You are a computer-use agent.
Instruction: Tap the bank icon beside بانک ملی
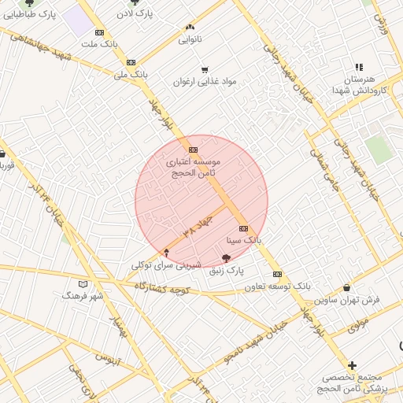tap(131, 62)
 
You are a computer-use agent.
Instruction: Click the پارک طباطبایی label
tap(29, 15)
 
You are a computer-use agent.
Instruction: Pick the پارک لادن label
tap(135, 14)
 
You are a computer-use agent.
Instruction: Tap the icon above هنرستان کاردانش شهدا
tap(359, 68)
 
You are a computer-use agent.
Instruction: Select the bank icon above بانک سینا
tap(242, 228)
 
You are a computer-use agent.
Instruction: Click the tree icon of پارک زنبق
tap(227, 258)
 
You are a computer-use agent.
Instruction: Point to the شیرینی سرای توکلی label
tap(166, 266)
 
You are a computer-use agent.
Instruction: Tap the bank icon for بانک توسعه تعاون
tap(277, 274)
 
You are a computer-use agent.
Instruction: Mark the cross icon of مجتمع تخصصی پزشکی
tap(352, 365)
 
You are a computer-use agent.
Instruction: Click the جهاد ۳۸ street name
tap(198, 225)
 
